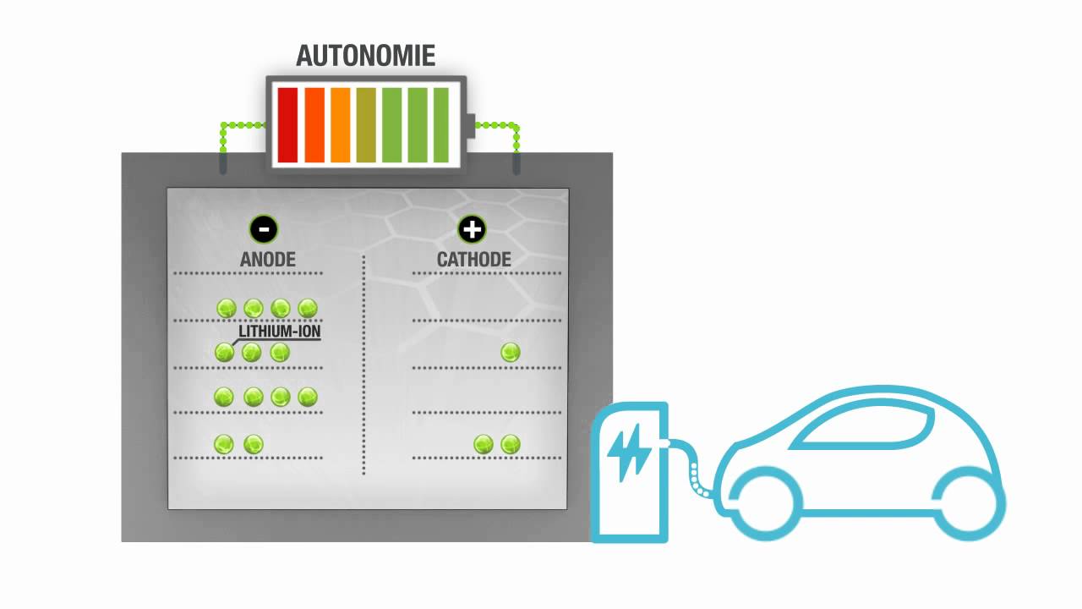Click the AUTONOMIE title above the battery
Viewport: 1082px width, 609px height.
(365, 56)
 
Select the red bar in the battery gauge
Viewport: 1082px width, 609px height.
(287, 124)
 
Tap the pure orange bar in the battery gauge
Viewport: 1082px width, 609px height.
(340, 124)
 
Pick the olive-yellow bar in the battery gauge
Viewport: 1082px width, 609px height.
(366, 124)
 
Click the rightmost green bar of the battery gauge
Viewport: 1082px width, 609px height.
(441, 124)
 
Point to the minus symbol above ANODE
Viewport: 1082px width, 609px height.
(264, 228)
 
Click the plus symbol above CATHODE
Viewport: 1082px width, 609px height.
(472, 228)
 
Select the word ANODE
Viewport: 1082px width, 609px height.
(268, 259)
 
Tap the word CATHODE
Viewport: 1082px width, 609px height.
(473, 259)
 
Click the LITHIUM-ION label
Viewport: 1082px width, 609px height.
(280, 332)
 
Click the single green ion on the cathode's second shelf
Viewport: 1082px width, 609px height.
(511, 352)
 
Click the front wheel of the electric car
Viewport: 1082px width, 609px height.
(761, 501)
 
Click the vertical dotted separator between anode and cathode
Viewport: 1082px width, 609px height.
(364, 364)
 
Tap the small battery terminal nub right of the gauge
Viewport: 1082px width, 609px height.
(472, 124)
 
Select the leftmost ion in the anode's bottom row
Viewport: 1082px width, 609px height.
(224, 443)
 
